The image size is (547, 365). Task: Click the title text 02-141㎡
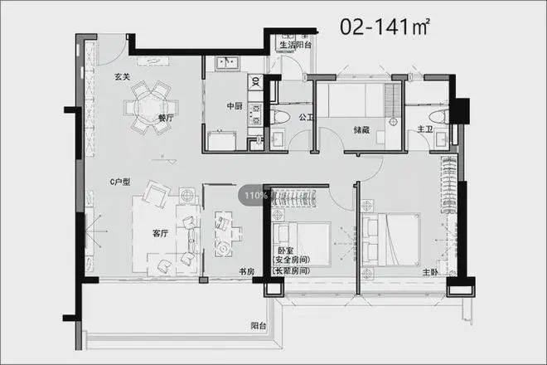click(x=385, y=27)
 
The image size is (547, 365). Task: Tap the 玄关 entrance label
click(x=123, y=76)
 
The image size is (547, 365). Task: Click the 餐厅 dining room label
click(x=166, y=118)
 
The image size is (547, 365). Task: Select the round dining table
click(x=152, y=108)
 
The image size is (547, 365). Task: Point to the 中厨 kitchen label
click(x=235, y=106)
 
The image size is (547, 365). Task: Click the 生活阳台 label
click(x=296, y=45)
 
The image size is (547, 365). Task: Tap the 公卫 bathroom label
click(x=306, y=117)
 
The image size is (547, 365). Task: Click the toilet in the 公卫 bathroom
click(x=280, y=117)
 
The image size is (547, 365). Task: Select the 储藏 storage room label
click(x=361, y=130)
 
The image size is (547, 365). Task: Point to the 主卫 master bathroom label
click(x=425, y=129)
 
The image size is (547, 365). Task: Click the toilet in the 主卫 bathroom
click(x=439, y=117)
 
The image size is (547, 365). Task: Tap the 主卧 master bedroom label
click(x=430, y=272)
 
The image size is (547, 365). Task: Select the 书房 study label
click(x=247, y=271)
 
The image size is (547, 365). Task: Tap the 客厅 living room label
click(x=160, y=233)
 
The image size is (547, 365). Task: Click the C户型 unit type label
click(x=120, y=182)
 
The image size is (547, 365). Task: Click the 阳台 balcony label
click(x=259, y=326)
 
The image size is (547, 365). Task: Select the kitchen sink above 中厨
click(x=227, y=63)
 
